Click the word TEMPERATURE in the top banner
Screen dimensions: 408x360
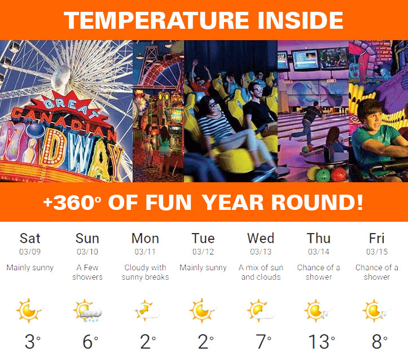tap(156, 20)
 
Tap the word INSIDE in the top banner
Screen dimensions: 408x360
tap(301, 20)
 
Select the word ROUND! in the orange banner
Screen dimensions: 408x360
tap(317, 202)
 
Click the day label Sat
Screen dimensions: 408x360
tap(30, 238)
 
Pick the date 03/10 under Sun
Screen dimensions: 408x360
tap(87, 252)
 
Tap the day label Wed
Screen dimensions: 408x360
tap(261, 238)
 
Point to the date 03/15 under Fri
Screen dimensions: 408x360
tap(377, 252)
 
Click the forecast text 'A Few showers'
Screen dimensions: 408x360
tap(87, 272)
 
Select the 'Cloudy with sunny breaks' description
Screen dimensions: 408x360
tap(145, 272)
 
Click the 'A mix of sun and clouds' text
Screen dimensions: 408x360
tap(261, 272)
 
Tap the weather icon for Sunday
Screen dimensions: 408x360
tap(87, 310)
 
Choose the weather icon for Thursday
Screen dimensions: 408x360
tap(318, 310)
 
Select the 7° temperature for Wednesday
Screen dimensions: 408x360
tap(264, 341)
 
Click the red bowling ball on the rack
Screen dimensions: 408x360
tap(339, 174)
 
